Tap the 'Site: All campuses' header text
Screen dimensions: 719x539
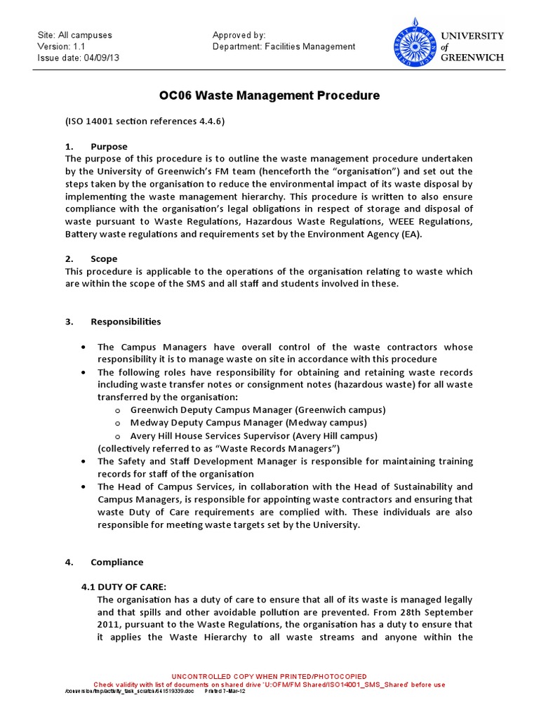[x=74, y=35]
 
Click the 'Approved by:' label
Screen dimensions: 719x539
[x=239, y=35]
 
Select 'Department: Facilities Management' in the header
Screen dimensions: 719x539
[x=284, y=46]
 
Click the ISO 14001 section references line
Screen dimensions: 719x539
[x=145, y=121]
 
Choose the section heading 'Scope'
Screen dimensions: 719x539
[x=104, y=258]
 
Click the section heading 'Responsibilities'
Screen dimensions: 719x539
[x=126, y=322]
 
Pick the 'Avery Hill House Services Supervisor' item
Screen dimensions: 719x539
[x=253, y=435]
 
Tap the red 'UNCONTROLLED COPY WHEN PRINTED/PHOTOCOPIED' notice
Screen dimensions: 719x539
[x=269, y=676]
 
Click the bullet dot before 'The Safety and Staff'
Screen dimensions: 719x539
[x=84, y=461]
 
